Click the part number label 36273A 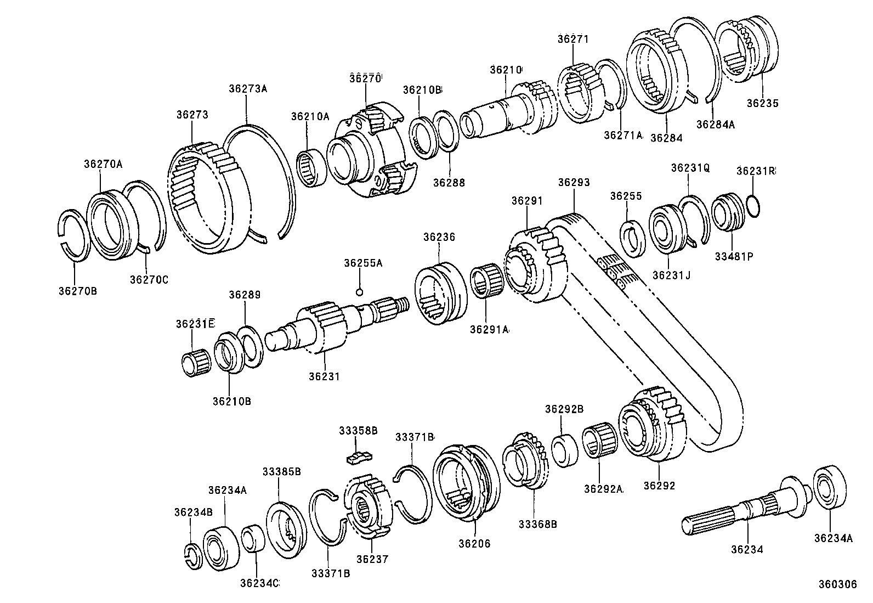pos(247,89)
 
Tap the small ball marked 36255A pos(359,291)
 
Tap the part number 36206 pos(474,544)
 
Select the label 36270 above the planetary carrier pos(365,78)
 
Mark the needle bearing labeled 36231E pos(196,362)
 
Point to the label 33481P pos(733,255)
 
